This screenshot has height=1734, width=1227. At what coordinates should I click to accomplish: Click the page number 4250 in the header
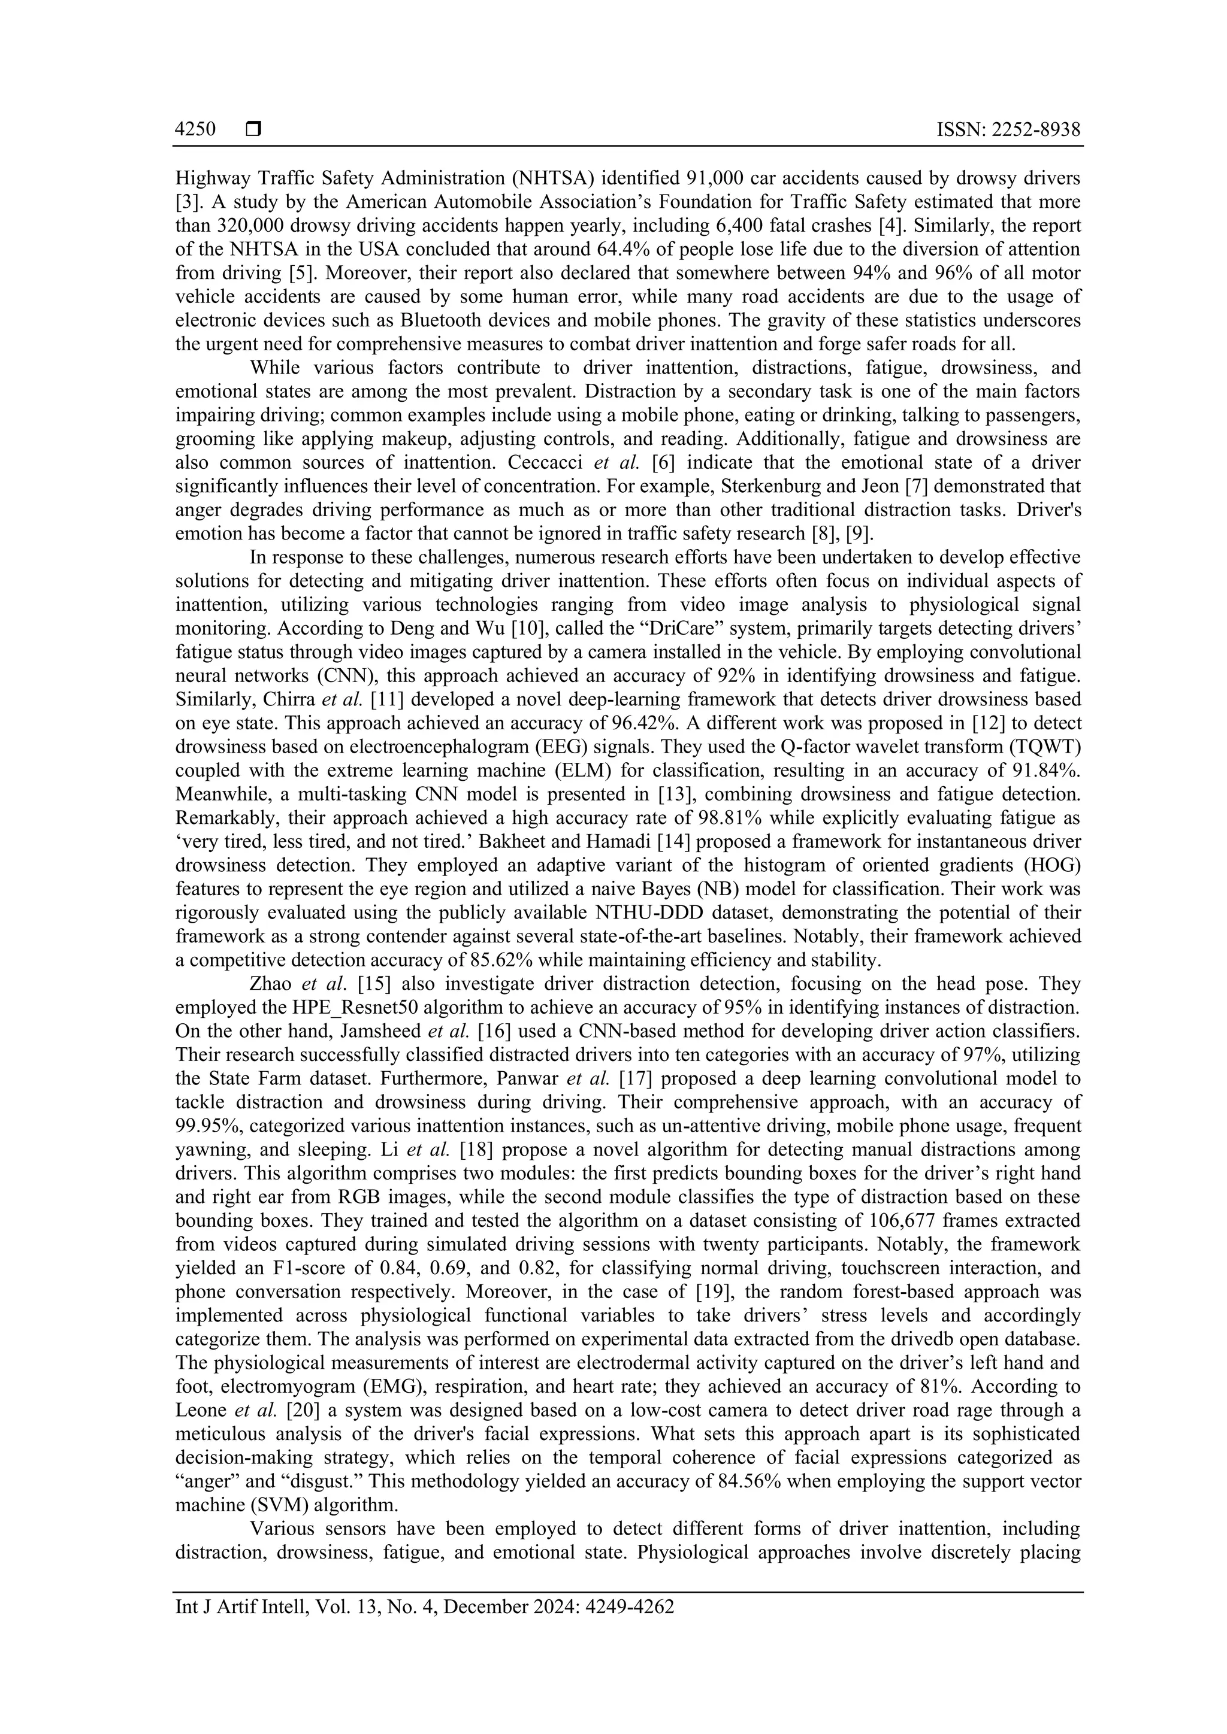tap(195, 130)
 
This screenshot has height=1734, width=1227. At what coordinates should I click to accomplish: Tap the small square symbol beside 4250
tap(253, 130)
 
